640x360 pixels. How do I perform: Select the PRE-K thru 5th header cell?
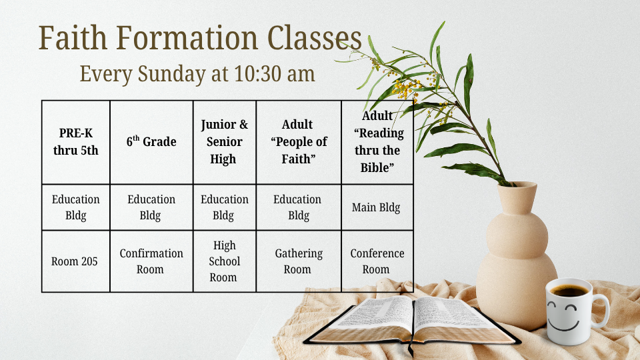[x=76, y=142]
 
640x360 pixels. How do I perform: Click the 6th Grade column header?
[x=151, y=142]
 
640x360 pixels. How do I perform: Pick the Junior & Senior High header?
[x=225, y=142]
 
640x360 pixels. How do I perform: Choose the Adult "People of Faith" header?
[x=299, y=142]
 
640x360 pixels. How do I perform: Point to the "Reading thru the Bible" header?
[x=377, y=142]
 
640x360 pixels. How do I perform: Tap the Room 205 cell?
[x=76, y=261]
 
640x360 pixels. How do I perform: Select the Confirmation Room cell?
[x=151, y=261]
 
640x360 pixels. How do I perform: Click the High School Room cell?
[x=225, y=261]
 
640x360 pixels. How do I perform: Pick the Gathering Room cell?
[x=299, y=261]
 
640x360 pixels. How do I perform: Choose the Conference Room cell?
[x=377, y=261]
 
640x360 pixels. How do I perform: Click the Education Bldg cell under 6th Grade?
[x=151, y=207]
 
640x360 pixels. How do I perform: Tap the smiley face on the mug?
[x=563, y=315]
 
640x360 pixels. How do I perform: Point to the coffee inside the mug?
[x=569, y=291]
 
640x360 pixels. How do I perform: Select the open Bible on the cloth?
[x=412, y=321]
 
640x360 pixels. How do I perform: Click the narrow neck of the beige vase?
[x=517, y=198]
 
